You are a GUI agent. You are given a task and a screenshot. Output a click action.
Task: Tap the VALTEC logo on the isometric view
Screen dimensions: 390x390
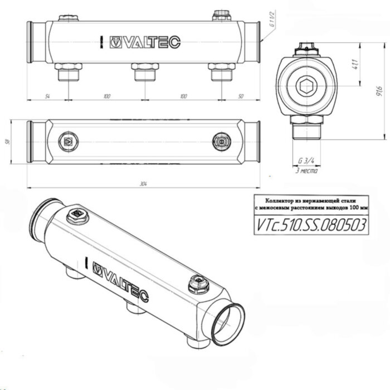pyautogui.click(x=119, y=271)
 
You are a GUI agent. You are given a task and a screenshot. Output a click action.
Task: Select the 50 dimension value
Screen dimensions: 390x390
pyautogui.click(x=241, y=96)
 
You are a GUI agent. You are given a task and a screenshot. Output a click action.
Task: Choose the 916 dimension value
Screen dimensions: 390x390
pyautogui.click(x=378, y=90)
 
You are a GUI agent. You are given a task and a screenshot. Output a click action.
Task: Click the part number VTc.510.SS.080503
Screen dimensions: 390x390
pyautogui.click(x=310, y=225)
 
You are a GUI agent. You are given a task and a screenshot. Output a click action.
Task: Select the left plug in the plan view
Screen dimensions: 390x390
pyautogui.click(x=69, y=142)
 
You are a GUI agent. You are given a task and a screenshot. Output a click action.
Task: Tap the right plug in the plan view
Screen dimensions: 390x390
pyautogui.click(x=221, y=142)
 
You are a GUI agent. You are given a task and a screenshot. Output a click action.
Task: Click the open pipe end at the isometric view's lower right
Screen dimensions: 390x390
pyautogui.click(x=230, y=320)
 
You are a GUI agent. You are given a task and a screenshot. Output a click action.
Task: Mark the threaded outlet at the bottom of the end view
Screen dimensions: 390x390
pyautogui.click(x=306, y=131)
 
